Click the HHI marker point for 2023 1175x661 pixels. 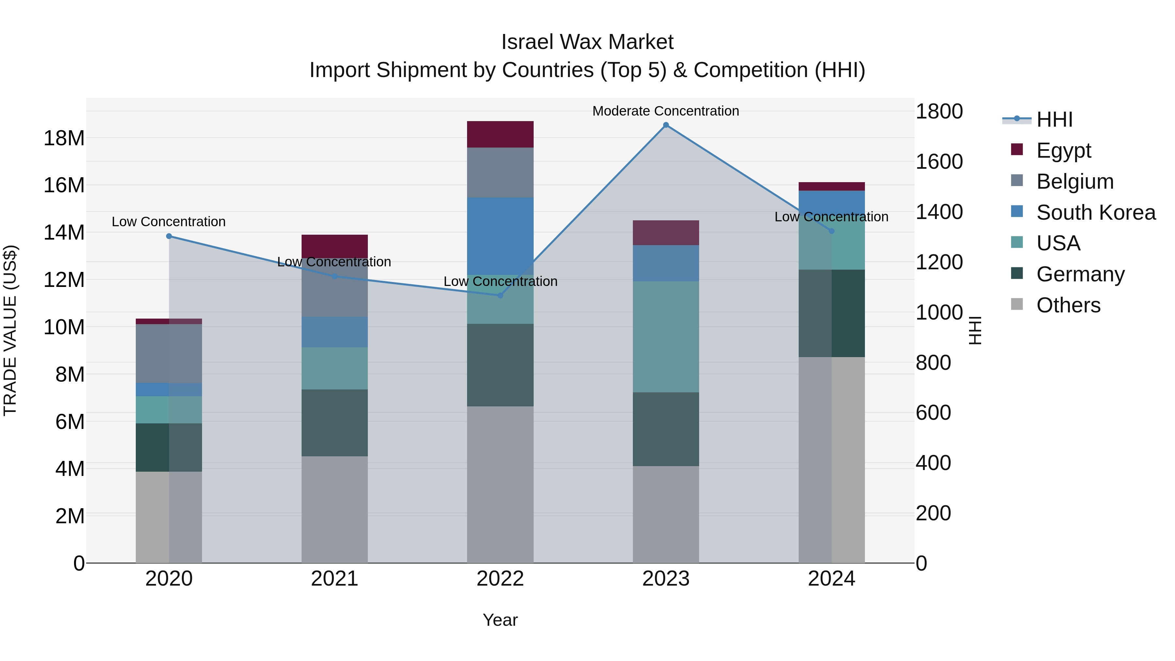(666, 125)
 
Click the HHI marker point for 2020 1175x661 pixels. (169, 236)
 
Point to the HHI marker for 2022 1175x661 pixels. (500, 296)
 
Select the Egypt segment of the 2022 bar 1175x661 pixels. (500, 134)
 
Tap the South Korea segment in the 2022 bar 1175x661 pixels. (500, 236)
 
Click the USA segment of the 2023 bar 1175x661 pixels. (666, 337)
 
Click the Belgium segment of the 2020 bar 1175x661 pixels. (169, 354)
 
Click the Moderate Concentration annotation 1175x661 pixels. (666, 111)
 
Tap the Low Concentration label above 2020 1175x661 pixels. (169, 222)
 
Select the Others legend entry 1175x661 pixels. (1068, 305)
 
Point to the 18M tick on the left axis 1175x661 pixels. (64, 138)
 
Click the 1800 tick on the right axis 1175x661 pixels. (939, 111)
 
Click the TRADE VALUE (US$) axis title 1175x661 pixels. (10, 330)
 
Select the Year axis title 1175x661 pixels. (500, 620)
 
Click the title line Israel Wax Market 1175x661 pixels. (587, 42)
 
